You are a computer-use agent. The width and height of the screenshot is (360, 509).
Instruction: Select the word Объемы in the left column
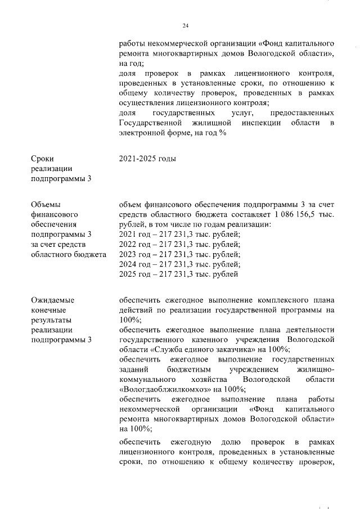point(46,205)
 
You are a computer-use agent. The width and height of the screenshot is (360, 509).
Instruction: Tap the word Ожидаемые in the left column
point(52,300)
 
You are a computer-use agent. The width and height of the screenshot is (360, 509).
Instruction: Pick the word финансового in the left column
point(53,215)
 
